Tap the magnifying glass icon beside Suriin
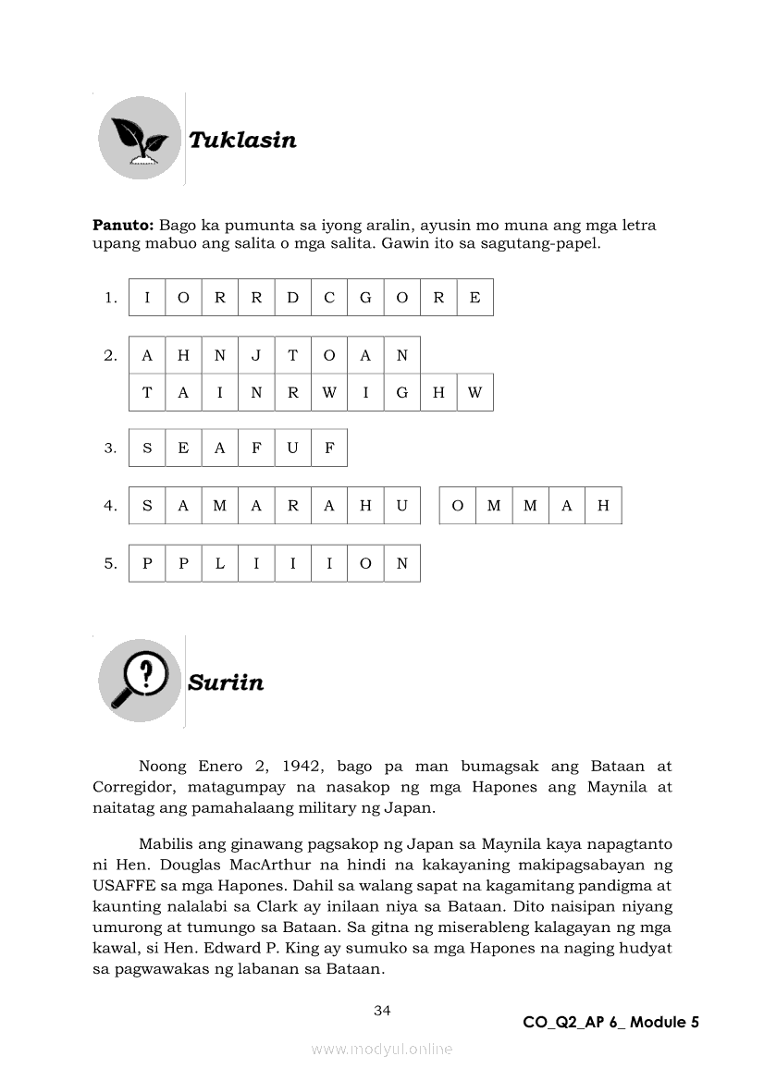tap(140, 681)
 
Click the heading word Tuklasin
tap(242, 141)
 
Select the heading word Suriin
tap(226, 682)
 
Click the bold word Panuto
tap(123, 226)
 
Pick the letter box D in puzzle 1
tap(293, 298)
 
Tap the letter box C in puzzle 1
tap(329, 298)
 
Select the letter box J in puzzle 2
tap(256, 355)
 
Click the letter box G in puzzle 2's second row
tap(402, 392)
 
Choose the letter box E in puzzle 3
tap(183, 448)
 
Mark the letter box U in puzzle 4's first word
tap(402, 506)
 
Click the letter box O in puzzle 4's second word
tap(458, 506)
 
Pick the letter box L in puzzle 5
tap(220, 563)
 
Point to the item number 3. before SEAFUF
tap(111, 448)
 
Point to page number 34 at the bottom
tap(382, 1010)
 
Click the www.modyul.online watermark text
tap(382, 1049)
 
